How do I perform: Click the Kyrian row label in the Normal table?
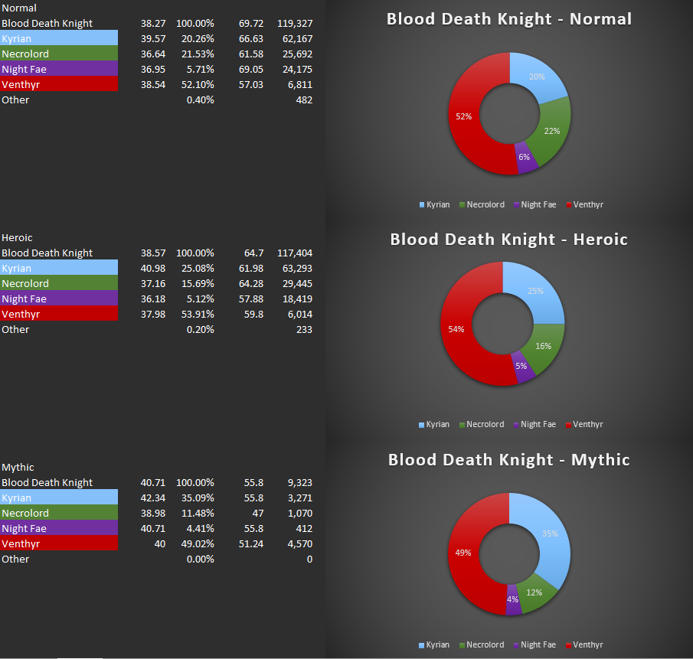click(x=17, y=38)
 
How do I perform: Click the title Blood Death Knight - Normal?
click(x=509, y=18)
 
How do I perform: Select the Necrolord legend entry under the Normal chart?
click(x=485, y=204)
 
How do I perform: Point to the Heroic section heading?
click(x=17, y=237)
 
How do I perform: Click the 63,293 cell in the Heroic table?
click(x=296, y=268)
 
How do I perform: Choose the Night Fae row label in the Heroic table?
click(x=24, y=299)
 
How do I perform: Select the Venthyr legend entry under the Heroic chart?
click(x=587, y=424)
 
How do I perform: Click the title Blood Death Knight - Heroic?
click(x=508, y=239)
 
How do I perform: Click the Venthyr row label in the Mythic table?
click(x=21, y=543)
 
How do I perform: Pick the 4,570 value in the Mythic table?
click(x=299, y=543)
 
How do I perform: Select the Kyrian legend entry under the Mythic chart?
click(x=437, y=644)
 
